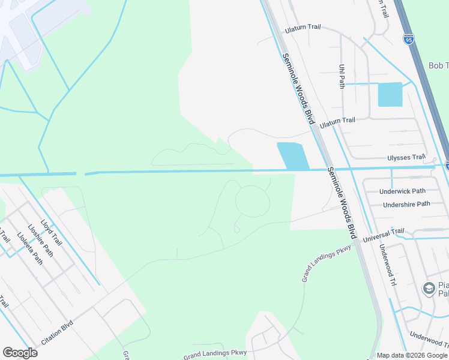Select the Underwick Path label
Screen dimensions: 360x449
point(402,191)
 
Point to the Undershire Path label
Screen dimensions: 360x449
point(406,204)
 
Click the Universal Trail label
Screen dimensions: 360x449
point(384,235)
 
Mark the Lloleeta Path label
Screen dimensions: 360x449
point(29,248)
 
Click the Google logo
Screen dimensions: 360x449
point(20,353)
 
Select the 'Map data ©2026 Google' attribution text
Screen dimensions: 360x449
point(412,355)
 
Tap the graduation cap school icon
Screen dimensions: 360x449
point(429,289)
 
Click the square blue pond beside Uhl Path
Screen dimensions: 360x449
point(390,94)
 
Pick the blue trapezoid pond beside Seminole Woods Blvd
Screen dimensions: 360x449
point(292,156)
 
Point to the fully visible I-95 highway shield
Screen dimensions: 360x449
point(409,40)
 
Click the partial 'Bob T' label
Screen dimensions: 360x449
point(438,65)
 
